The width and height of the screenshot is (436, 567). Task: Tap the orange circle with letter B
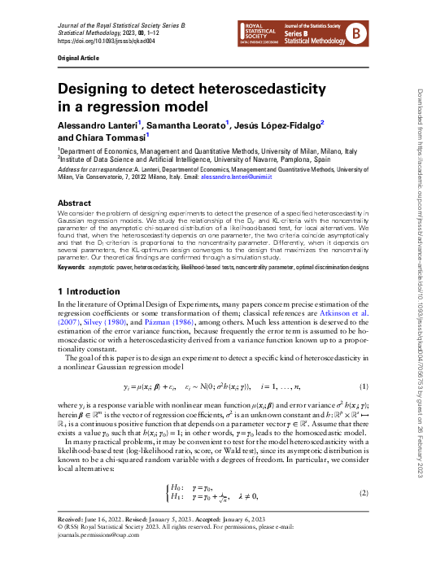(355, 33)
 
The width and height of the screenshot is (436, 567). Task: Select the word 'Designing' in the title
(95, 89)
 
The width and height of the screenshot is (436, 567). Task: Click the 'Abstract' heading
(74, 203)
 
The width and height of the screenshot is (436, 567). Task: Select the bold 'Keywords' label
(71, 267)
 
